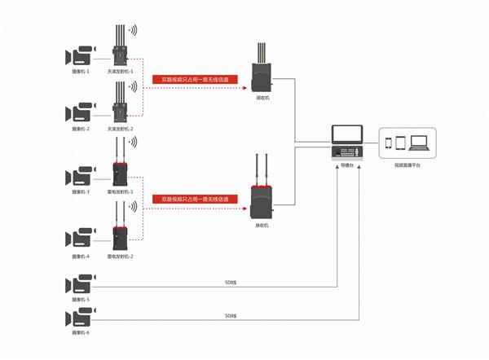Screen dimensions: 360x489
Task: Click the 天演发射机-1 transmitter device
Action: pos(120,52)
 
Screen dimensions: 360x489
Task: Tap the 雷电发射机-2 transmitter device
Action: pos(120,235)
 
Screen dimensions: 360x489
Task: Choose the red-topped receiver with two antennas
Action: pos(262,200)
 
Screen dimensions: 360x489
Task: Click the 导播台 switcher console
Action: pos(347,144)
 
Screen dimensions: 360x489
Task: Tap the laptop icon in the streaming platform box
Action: pos(420,143)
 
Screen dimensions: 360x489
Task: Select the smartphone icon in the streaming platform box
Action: pos(390,144)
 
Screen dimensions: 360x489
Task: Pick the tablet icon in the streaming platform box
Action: pos(403,143)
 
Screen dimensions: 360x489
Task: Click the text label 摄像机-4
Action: pos(81,256)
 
